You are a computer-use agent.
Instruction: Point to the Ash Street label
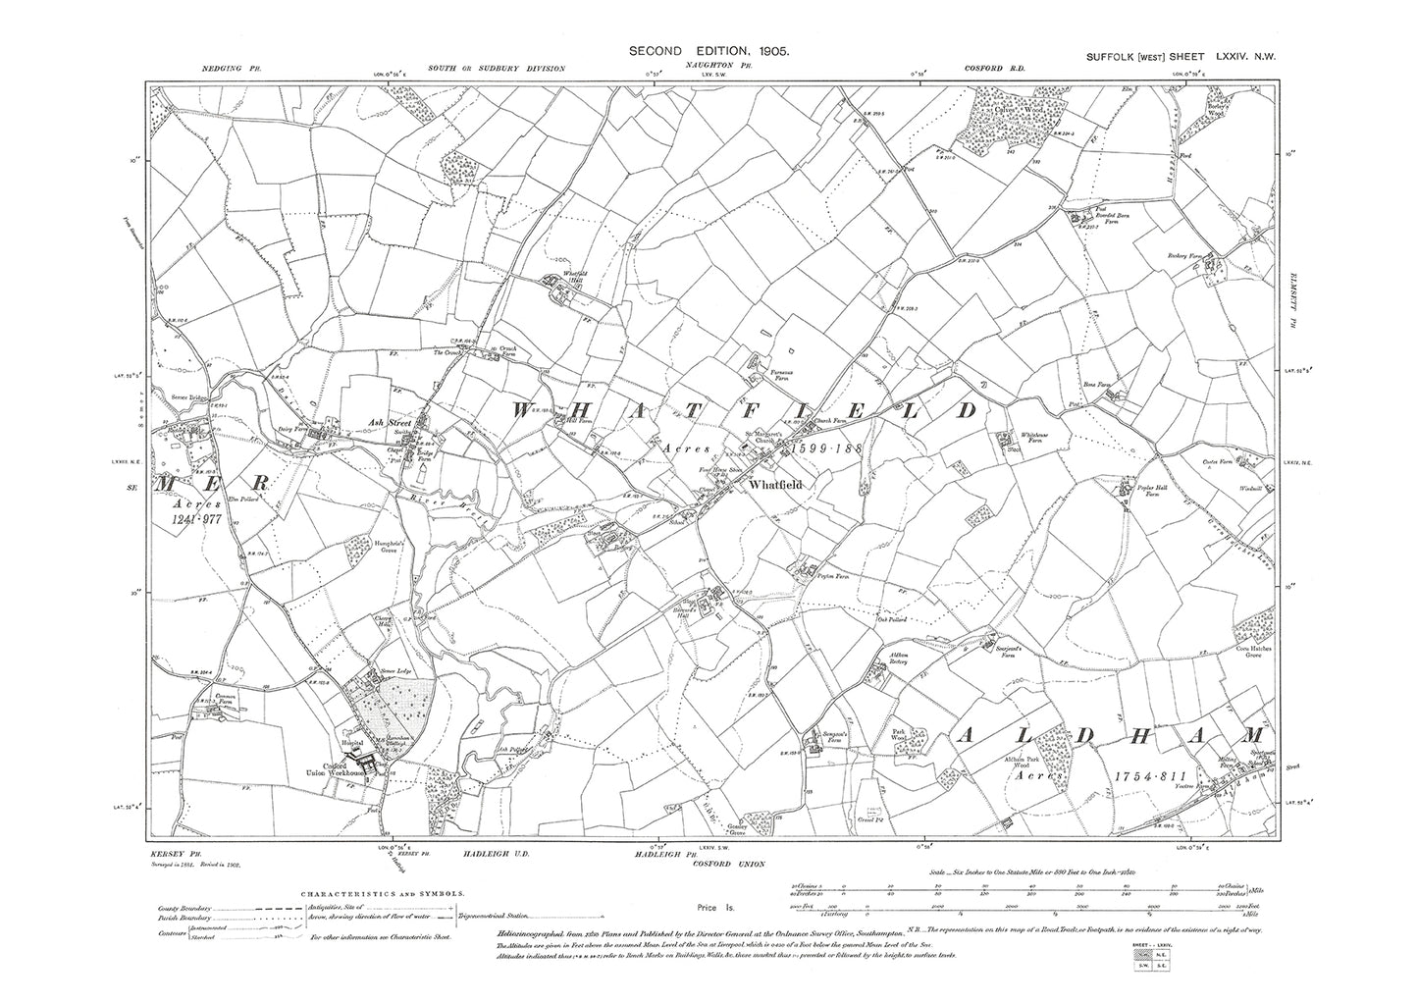coord(380,421)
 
